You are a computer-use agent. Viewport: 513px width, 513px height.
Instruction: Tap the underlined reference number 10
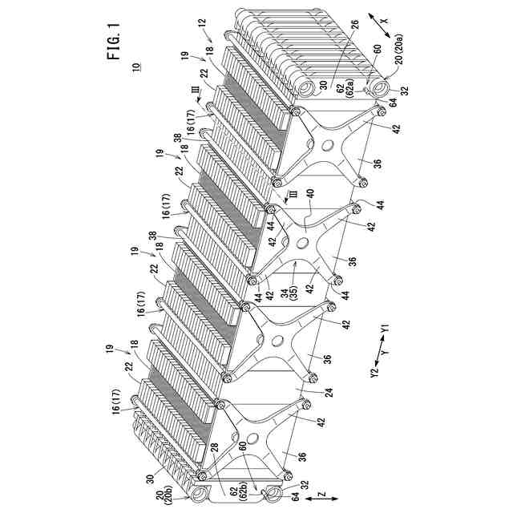click(x=135, y=68)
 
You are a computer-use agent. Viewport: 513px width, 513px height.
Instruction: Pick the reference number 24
click(x=306, y=394)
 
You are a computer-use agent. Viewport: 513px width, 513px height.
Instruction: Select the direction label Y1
click(x=386, y=329)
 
